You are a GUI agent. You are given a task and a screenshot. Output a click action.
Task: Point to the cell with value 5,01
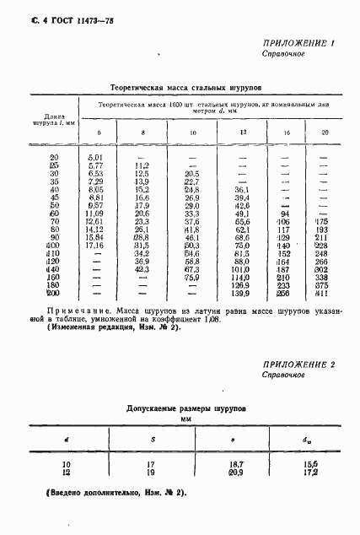click(94, 157)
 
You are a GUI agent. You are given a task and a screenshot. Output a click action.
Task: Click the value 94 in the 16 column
click(284, 213)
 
